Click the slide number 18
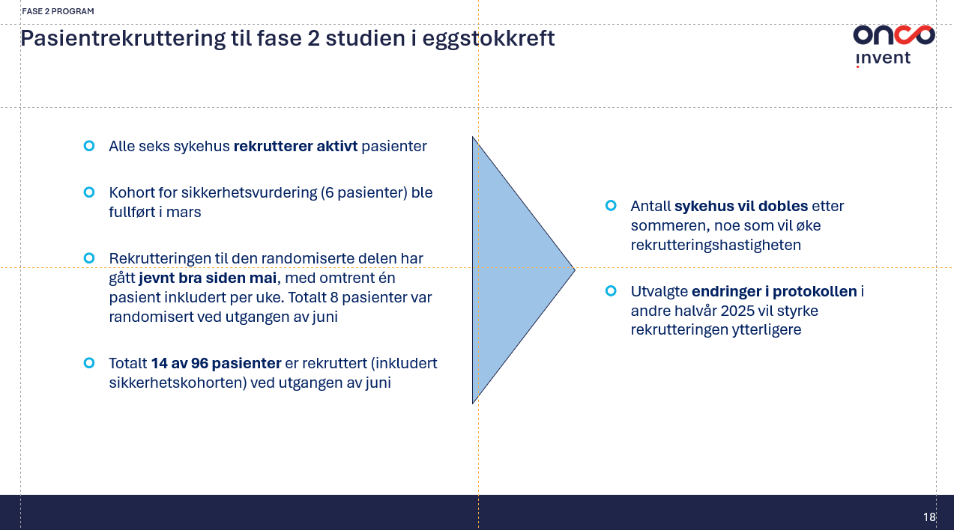point(929,517)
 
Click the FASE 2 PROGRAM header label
point(58,11)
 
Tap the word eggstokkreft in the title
point(489,39)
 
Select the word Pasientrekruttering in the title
point(123,38)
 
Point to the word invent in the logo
point(883,58)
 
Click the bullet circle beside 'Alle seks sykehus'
point(89,146)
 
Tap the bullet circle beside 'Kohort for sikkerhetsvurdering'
point(89,192)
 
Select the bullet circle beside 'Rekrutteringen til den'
point(89,258)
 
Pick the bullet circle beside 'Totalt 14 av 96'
point(89,363)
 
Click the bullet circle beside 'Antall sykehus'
point(611,206)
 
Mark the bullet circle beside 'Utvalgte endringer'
point(611,291)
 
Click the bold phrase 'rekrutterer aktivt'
point(295,146)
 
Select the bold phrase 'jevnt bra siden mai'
point(208,278)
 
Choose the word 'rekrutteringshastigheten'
point(716,246)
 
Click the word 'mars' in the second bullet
point(184,213)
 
